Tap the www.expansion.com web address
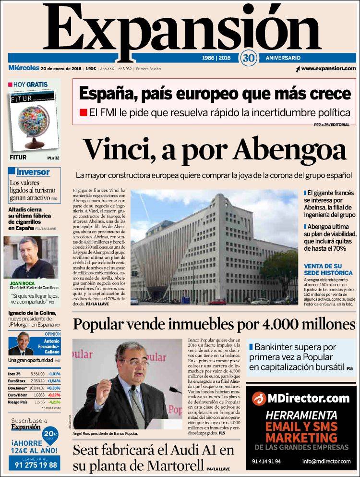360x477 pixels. (328, 69)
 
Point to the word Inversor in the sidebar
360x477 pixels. (33, 171)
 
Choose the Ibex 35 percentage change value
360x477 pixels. (54, 374)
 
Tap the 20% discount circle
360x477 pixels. (50, 434)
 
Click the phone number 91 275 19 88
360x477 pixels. (34, 465)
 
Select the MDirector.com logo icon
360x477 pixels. (259, 398)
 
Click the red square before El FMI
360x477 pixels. (83, 113)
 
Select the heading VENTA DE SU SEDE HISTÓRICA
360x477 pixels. (327, 269)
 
